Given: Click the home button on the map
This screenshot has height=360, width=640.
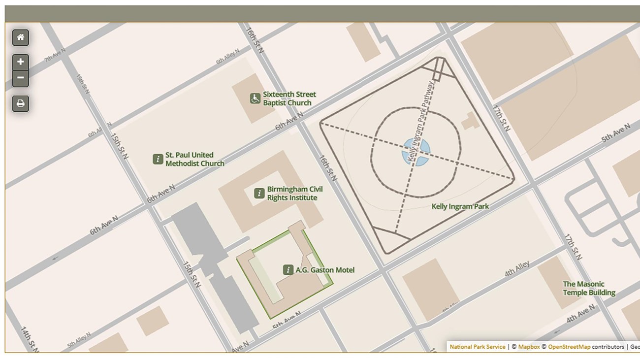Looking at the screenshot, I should (x=21, y=37).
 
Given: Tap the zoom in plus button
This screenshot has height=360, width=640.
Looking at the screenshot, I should (x=21, y=62).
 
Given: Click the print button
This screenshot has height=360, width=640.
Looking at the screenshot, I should (x=21, y=103).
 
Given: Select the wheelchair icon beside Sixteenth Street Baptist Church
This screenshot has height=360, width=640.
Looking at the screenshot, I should (x=255, y=98).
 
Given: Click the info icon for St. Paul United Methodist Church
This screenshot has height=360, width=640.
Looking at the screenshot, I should (x=158, y=159).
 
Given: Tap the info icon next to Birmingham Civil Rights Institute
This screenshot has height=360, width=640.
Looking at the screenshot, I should (x=259, y=194).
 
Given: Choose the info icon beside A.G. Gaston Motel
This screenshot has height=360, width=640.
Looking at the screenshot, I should (x=288, y=270).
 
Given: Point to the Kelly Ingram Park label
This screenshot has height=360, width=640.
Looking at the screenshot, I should (x=460, y=206).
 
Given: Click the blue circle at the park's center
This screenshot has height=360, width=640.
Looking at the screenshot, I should (x=416, y=152).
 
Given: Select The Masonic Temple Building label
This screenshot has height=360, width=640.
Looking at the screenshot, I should (x=589, y=288).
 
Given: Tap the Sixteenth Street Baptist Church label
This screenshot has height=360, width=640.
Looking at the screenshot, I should (x=289, y=98).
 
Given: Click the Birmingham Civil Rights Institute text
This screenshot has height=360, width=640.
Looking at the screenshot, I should (x=295, y=194).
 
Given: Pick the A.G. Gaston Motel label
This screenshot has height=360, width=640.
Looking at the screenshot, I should (x=324, y=270).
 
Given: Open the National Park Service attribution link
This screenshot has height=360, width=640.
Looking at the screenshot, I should (x=477, y=347).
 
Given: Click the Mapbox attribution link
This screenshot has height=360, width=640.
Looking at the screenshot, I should (x=529, y=347).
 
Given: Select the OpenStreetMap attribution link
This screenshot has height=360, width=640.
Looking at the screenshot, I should (x=569, y=347).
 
